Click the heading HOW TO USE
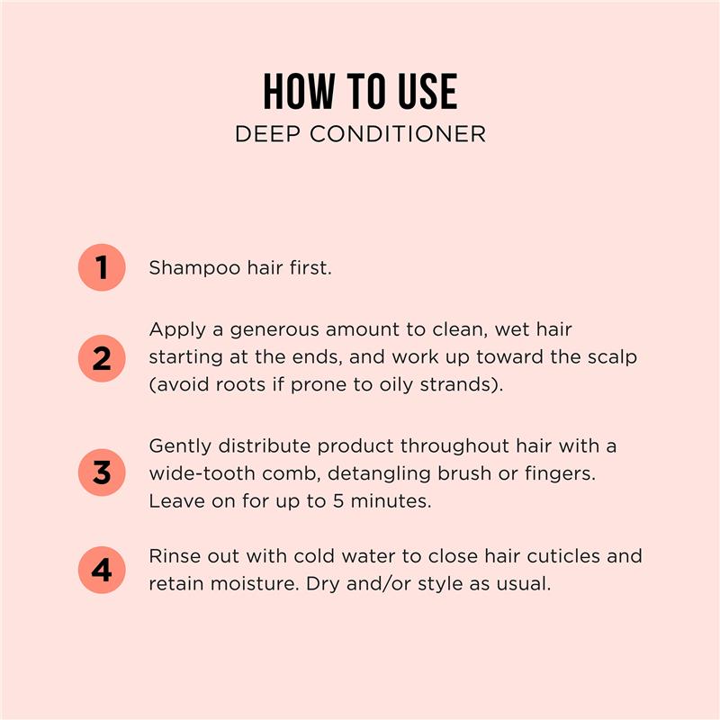click(x=360, y=92)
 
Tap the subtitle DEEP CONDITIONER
click(x=360, y=134)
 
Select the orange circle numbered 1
click(x=102, y=267)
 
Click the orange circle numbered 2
click(x=102, y=358)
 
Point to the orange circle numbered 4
click(x=102, y=570)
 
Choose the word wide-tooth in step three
click(x=201, y=473)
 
